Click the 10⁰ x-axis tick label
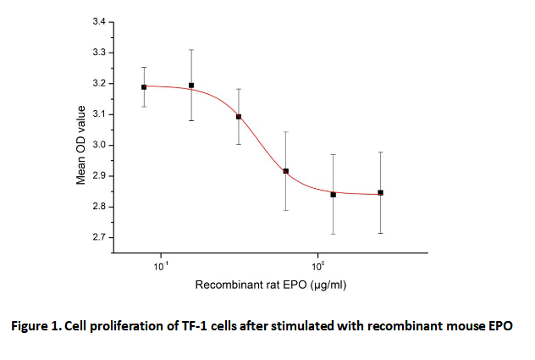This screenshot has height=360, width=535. click(x=317, y=268)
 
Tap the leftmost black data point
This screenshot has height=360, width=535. click(x=144, y=86)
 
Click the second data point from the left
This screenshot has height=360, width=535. click(x=191, y=86)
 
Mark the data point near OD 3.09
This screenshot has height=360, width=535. click(x=239, y=117)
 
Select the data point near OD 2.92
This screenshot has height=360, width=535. click(x=286, y=171)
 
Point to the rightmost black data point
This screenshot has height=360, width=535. click(x=381, y=193)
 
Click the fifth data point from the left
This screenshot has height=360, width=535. click(x=334, y=195)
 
